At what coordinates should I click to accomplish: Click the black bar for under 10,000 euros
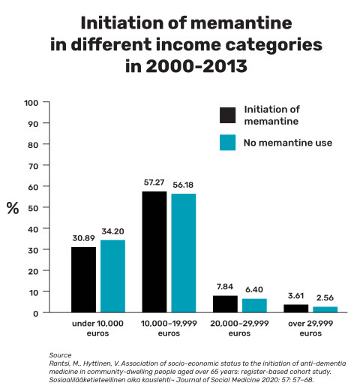pyautogui.click(x=84, y=279)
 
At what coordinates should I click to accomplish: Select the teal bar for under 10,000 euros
pyautogui.click(x=112, y=276)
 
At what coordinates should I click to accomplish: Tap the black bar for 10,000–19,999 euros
pyautogui.click(x=155, y=252)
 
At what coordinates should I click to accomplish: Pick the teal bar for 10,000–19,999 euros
pyautogui.click(x=184, y=253)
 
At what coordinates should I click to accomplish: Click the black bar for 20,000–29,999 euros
pyautogui.click(x=226, y=303)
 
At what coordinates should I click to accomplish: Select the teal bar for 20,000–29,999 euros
pyautogui.click(x=254, y=305)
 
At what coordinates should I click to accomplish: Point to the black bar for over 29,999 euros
pyautogui.click(x=296, y=308)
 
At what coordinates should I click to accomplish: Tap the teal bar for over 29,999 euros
pyautogui.click(x=325, y=309)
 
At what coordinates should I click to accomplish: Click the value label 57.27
pyautogui.click(x=155, y=182)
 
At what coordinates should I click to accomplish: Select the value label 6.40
pyautogui.click(x=254, y=289)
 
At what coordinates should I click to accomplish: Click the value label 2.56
pyautogui.click(x=325, y=297)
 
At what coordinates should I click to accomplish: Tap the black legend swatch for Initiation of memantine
pyautogui.click(x=228, y=114)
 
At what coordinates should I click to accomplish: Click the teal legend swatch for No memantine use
pyautogui.click(x=228, y=142)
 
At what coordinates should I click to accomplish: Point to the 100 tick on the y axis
pyautogui.click(x=52, y=102)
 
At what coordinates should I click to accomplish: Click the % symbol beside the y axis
pyautogui.click(x=13, y=208)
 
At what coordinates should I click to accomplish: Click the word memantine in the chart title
pyautogui.click(x=214, y=23)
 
